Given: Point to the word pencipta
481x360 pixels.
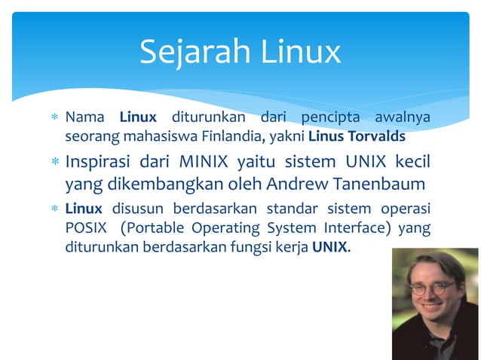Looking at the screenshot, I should [x=331, y=118].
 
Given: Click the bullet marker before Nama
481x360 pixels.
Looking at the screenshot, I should [x=54, y=119].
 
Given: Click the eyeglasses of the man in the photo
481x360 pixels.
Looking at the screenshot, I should [x=433, y=288].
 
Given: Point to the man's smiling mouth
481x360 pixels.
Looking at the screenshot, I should [x=432, y=308].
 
